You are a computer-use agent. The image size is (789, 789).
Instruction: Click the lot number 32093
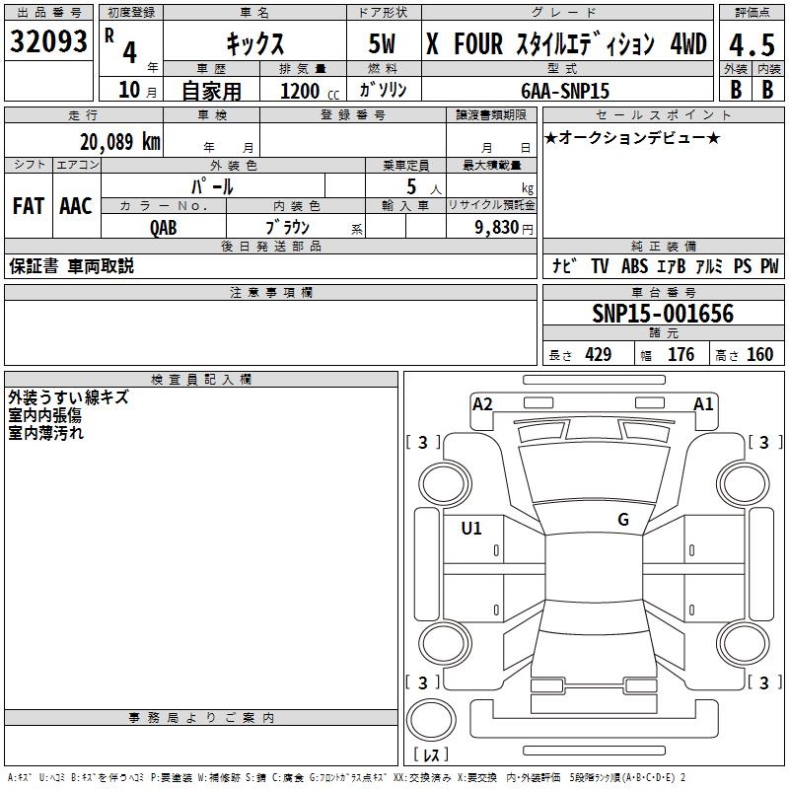(x=48, y=42)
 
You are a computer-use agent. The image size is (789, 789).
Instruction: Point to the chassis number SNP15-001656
(x=663, y=314)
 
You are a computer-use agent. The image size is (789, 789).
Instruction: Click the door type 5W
(x=384, y=44)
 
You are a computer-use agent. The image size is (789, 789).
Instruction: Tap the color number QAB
(x=163, y=226)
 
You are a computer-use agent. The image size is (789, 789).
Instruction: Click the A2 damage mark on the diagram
(x=482, y=403)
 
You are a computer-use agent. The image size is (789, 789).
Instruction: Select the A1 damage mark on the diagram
(x=703, y=403)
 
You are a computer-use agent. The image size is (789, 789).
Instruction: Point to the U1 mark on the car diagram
(x=471, y=528)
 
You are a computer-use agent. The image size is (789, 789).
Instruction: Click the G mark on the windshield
(x=622, y=520)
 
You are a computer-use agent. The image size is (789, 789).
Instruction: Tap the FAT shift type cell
(x=28, y=205)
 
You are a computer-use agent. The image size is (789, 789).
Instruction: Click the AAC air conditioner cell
(x=76, y=205)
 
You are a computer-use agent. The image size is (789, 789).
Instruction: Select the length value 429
(x=597, y=355)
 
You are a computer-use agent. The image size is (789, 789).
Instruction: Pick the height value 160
(x=759, y=355)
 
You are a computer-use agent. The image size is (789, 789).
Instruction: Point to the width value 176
(x=681, y=355)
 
